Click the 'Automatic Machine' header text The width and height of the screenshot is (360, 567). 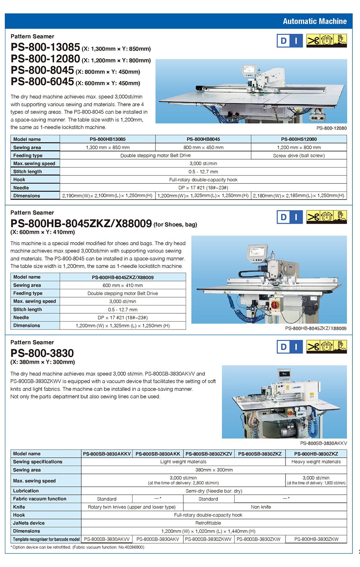coord(315,21)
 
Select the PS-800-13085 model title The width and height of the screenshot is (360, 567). coord(45,47)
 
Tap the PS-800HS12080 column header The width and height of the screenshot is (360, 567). coord(299,139)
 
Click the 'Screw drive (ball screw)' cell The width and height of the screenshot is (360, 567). coord(299,155)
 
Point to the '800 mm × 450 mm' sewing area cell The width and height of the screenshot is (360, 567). coord(203,148)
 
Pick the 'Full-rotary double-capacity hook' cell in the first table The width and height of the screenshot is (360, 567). coord(203,180)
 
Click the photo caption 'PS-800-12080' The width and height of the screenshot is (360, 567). coord(332,128)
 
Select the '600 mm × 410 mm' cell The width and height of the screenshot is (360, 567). coord(122,285)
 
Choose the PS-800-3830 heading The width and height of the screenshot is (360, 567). coord(42,353)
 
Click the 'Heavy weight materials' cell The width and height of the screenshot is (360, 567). coord(316,462)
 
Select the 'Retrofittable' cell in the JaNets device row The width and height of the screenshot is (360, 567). coord(208,523)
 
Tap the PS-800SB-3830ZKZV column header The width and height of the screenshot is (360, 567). coord(208,454)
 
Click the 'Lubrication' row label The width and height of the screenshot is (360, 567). coord(26,491)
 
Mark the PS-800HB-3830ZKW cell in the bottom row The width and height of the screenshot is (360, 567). coord(316,539)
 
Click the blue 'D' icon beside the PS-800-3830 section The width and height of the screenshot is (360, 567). coord(283,347)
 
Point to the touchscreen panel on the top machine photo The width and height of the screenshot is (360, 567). coord(249,70)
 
